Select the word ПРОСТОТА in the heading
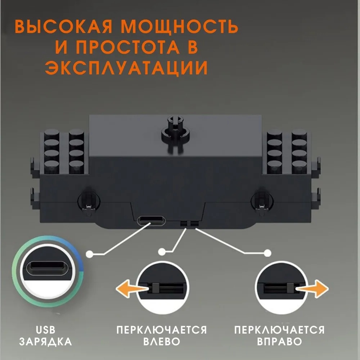click(128, 47)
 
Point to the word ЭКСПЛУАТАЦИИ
click(126, 68)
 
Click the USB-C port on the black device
click(151, 221)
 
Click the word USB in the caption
click(45, 330)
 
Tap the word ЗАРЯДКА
click(45, 341)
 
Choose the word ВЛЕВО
click(162, 341)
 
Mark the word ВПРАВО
click(279, 341)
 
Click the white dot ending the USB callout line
click(89, 254)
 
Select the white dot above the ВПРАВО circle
click(267, 253)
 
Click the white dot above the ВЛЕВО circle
click(162, 252)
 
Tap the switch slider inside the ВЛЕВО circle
click(156, 288)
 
